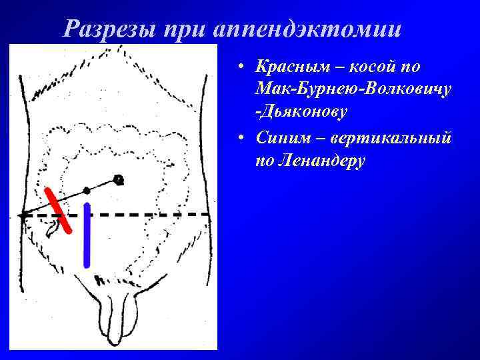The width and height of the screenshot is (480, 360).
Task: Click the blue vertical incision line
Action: coord(87,235)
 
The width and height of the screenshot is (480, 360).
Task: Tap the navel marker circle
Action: coord(119,179)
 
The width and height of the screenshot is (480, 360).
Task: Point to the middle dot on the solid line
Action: coord(87,191)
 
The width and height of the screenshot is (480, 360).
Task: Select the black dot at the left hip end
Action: coord(23,216)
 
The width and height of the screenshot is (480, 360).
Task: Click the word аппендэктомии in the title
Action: coord(309,28)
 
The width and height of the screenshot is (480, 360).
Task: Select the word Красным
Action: coord(289,67)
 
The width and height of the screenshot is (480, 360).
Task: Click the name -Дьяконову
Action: coord(300,111)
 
